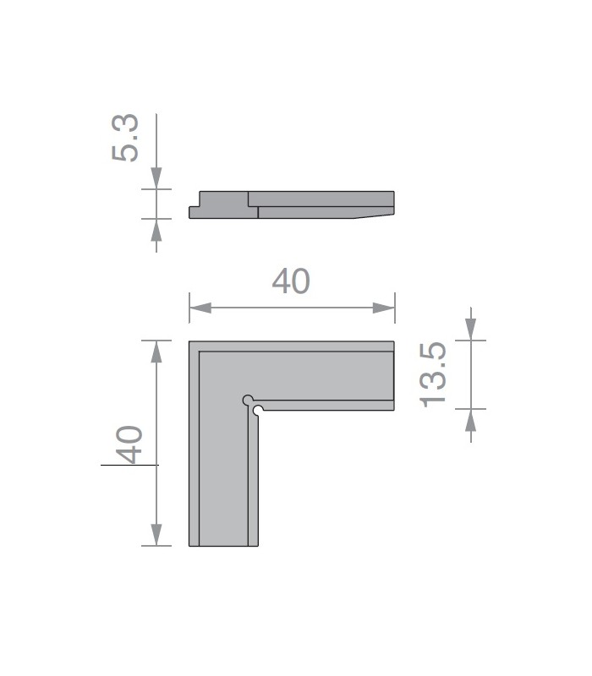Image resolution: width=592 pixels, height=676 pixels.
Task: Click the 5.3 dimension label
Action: [125, 138]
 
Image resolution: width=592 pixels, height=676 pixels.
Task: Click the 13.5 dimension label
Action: [433, 374]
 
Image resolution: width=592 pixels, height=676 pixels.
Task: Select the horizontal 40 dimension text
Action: [291, 281]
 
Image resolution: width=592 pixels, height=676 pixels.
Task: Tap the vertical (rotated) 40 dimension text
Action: [129, 444]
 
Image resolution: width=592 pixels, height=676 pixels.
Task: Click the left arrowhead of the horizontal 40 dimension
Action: [200, 308]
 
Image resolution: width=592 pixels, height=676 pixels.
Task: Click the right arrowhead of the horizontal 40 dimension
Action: [384, 308]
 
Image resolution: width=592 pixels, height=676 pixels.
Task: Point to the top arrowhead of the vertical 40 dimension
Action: [156, 352]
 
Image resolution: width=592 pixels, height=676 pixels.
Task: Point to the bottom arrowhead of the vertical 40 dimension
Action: [156, 535]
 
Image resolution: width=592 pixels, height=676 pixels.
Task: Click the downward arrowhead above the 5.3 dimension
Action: [156, 178]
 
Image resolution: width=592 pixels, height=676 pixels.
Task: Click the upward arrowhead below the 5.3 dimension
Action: [156, 230]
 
